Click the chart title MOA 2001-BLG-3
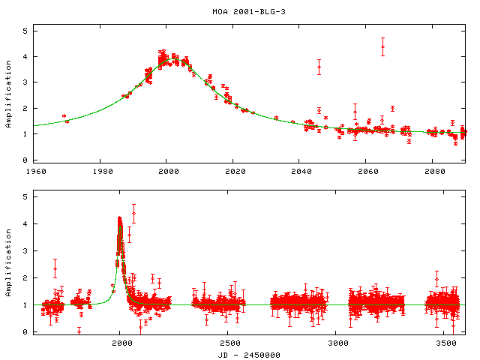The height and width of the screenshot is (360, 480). [240, 12]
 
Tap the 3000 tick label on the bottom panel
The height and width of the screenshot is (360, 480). [338, 342]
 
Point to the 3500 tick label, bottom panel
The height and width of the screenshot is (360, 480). [447, 342]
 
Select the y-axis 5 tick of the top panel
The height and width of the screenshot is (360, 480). [25, 31]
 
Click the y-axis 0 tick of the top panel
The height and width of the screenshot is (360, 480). [25, 160]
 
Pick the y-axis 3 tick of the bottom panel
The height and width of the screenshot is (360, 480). [25, 250]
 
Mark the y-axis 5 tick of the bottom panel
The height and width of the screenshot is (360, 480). [25, 196]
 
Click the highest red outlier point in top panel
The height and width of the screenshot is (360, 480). [382, 46]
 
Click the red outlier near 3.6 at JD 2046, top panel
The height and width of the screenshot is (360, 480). [319, 67]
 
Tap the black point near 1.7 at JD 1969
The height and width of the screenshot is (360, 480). [64, 116]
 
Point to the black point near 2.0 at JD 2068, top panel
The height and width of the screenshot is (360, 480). [392, 109]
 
